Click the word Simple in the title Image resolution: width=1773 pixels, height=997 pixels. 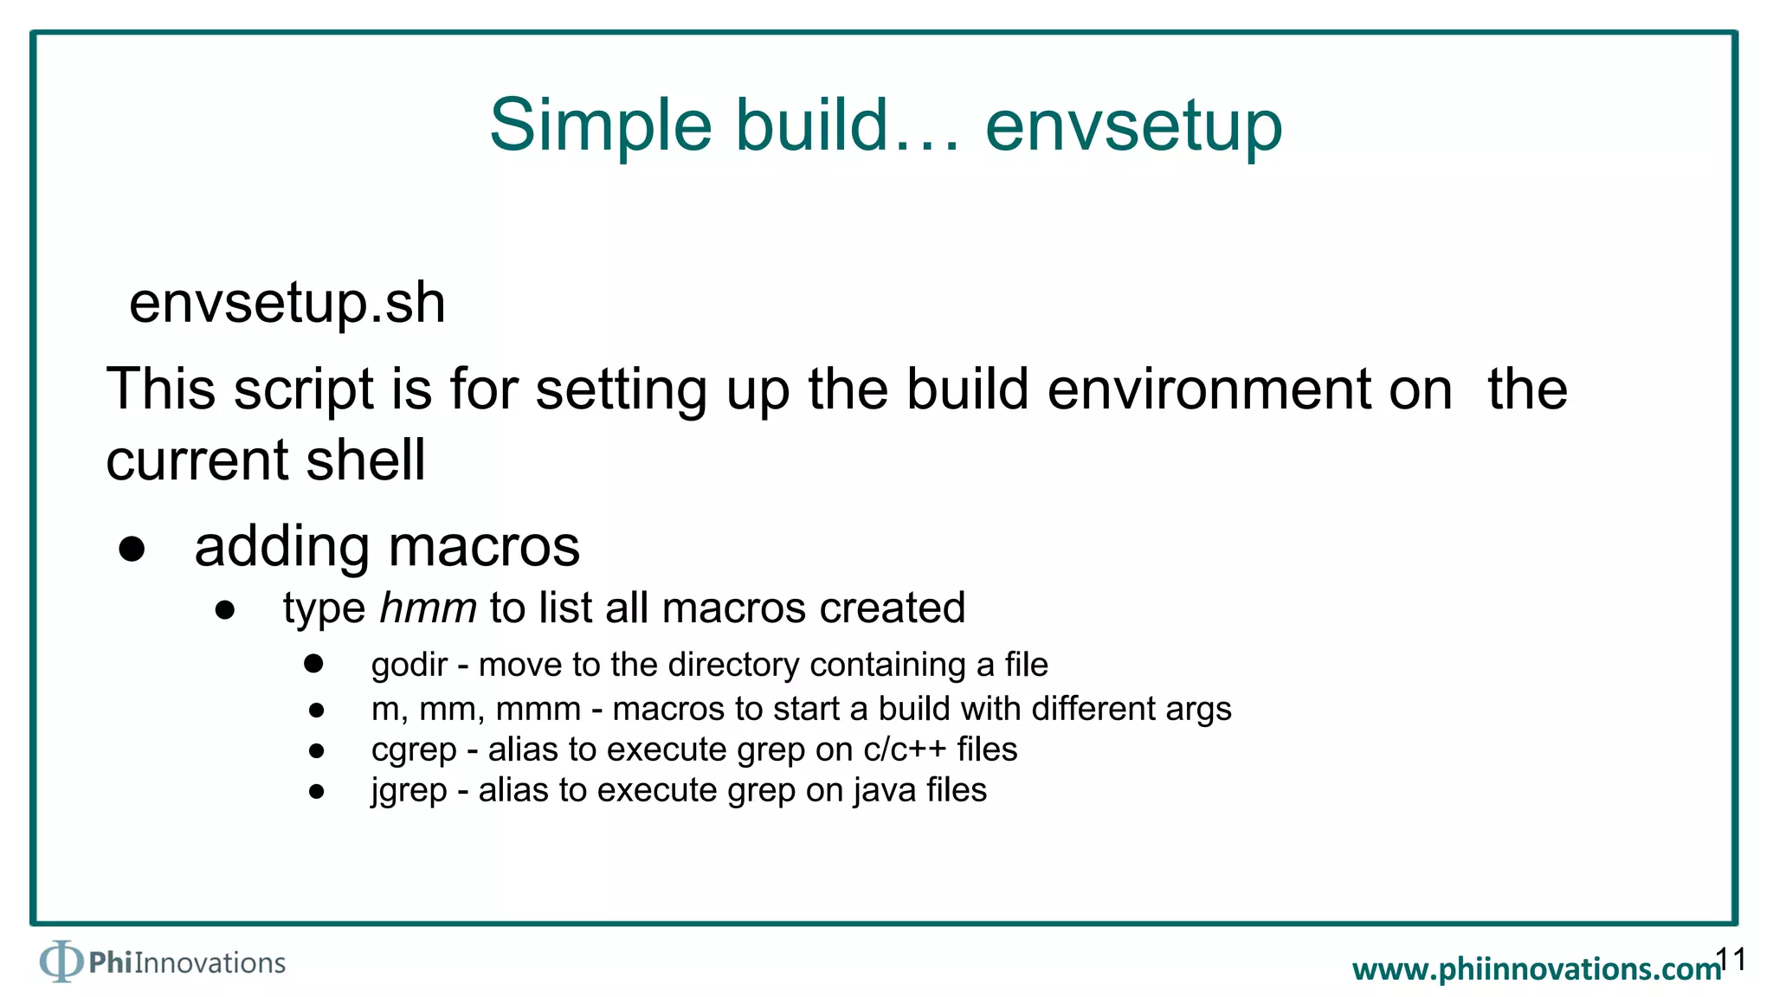pos(601,126)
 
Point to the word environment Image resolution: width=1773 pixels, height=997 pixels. pos(1249,389)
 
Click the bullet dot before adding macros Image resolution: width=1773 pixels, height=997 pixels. pos(132,549)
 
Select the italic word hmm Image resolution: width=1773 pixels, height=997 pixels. pos(428,608)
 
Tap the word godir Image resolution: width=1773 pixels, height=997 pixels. pos(409,665)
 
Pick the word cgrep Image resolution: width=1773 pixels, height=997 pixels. pos(413,749)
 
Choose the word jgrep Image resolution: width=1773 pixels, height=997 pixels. pos(409,790)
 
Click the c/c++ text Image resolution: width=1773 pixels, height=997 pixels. pos(904,749)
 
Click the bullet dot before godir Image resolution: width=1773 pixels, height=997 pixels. pos(313,664)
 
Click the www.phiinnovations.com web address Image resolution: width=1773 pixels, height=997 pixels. pos(1536,969)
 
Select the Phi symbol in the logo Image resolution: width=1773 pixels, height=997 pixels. pos(61,961)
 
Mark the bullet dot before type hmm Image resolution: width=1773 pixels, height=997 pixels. pos(225,610)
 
